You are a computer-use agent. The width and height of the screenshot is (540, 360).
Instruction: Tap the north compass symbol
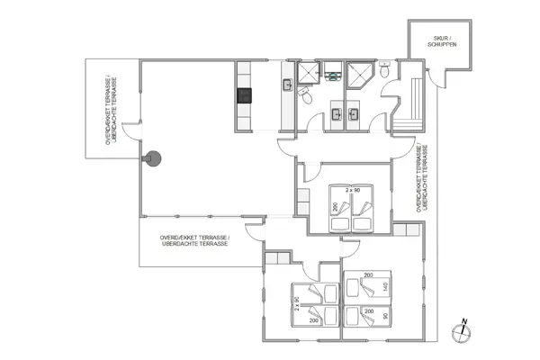462,329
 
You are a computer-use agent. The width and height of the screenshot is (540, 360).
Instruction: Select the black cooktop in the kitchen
243,94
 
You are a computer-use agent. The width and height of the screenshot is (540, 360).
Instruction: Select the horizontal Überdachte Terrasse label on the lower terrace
194,240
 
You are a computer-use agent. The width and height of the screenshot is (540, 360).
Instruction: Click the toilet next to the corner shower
384,71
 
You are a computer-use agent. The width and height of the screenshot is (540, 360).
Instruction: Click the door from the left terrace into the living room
130,135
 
